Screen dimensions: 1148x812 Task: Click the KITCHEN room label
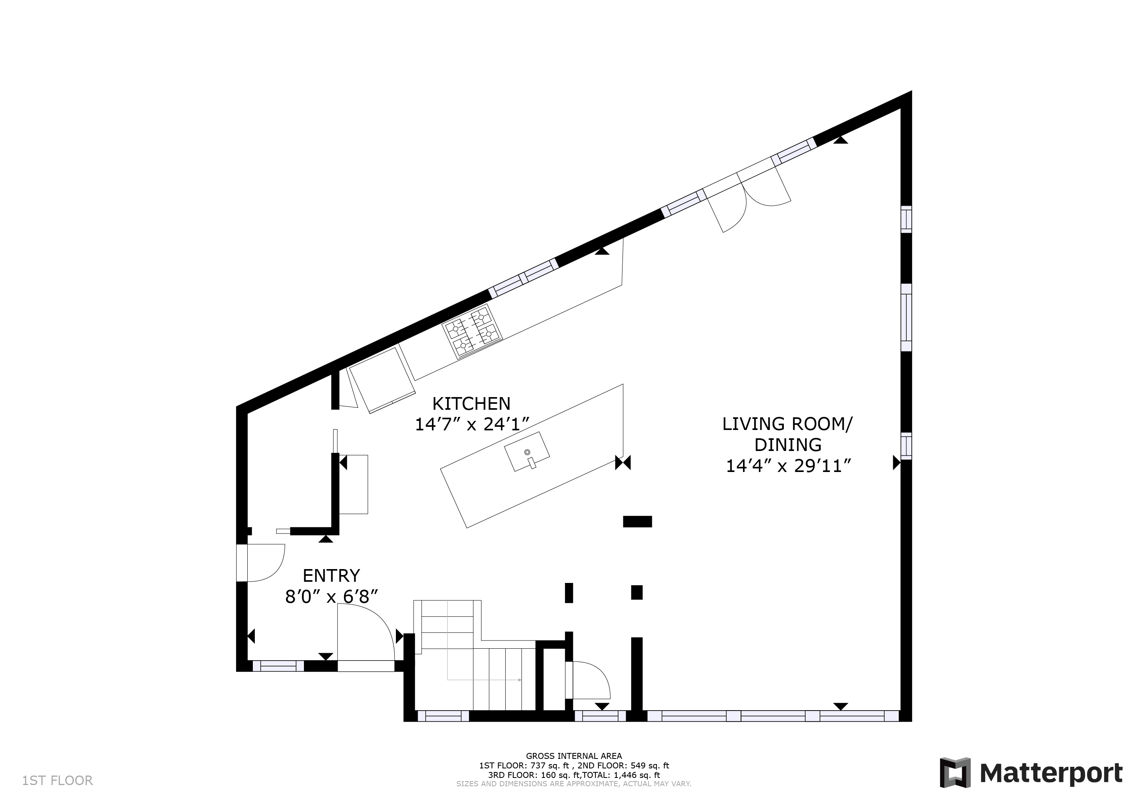[x=471, y=403]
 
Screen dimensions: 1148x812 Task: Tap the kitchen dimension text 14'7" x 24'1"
[x=472, y=424]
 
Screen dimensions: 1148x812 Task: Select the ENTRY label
[x=331, y=575]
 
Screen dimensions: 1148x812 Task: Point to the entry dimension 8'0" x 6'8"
[x=331, y=596]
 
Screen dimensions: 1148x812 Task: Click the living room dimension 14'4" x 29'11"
[x=788, y=466]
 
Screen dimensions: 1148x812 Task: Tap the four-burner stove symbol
[x=472, y=331]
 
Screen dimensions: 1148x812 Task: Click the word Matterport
[x=1051, y=774]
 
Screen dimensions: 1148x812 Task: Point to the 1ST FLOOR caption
[x=57, y=781]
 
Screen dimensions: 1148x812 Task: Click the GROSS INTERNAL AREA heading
[x=574, y=756]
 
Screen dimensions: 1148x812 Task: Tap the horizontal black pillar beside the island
[x=638, y=522]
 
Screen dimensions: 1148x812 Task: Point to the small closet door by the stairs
[x=588, y=680]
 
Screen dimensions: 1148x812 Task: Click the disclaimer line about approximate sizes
[x=574, y=784]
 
